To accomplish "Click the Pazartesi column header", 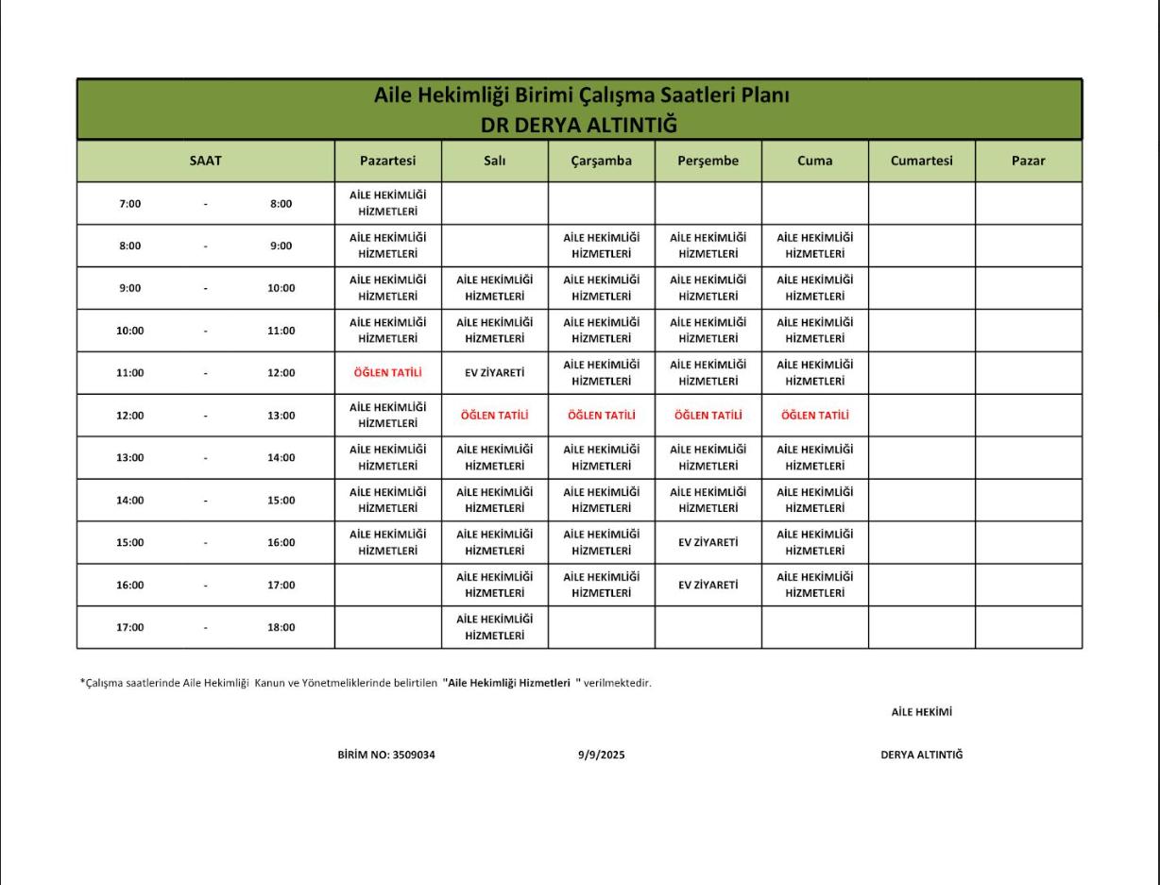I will coord(387,161).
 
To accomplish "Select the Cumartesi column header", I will coord(921,161).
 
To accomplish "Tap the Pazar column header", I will coord(1028,161).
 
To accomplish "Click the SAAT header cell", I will coord(205,161).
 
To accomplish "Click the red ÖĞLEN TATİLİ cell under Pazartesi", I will coord(387,372).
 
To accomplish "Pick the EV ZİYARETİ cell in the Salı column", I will coord(494,372).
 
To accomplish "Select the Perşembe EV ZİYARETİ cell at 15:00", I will coord(708,542).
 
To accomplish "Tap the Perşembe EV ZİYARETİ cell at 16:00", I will coord(708,585).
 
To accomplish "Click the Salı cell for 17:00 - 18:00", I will coord(494,627).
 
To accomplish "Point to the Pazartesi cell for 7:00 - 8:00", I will coord(387,203).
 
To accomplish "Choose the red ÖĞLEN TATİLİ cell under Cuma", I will coord(814,415).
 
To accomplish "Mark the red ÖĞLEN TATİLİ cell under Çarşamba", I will coord(601,415).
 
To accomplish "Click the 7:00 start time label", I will coord(129,203).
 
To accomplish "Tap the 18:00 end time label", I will coord(281,627).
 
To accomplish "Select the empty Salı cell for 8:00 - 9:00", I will coord(494,246).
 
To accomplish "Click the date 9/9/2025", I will coord(601,755).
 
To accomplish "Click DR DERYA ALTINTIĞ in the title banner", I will coord(580,125).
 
